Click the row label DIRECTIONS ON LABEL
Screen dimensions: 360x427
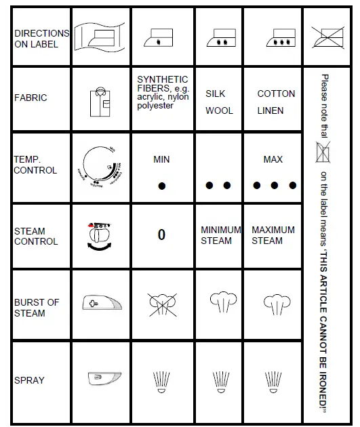tap(41, 39)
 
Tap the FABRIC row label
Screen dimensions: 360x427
tap(31, 98)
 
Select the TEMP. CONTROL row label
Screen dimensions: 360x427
tap(35, 165)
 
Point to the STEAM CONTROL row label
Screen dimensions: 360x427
tap(36, 236)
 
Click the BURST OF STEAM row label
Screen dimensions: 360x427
tap(37, 308)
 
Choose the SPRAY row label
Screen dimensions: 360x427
tap(29, 380)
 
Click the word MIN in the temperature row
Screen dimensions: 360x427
tap(161, 160)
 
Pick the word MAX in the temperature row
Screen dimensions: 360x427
tap(273, 160)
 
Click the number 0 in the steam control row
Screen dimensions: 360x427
tap(161, 235)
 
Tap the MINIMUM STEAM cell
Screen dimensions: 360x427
tap(221, 235)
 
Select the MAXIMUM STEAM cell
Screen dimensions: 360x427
tap(273, 235)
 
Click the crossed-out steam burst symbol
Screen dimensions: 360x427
tap(161, 305)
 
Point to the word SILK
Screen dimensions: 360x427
tap(216, 94)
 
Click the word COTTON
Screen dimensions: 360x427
tap(276, 94)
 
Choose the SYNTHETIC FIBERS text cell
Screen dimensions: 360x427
tap(163, 93)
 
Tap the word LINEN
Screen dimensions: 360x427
tap(271, 110)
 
